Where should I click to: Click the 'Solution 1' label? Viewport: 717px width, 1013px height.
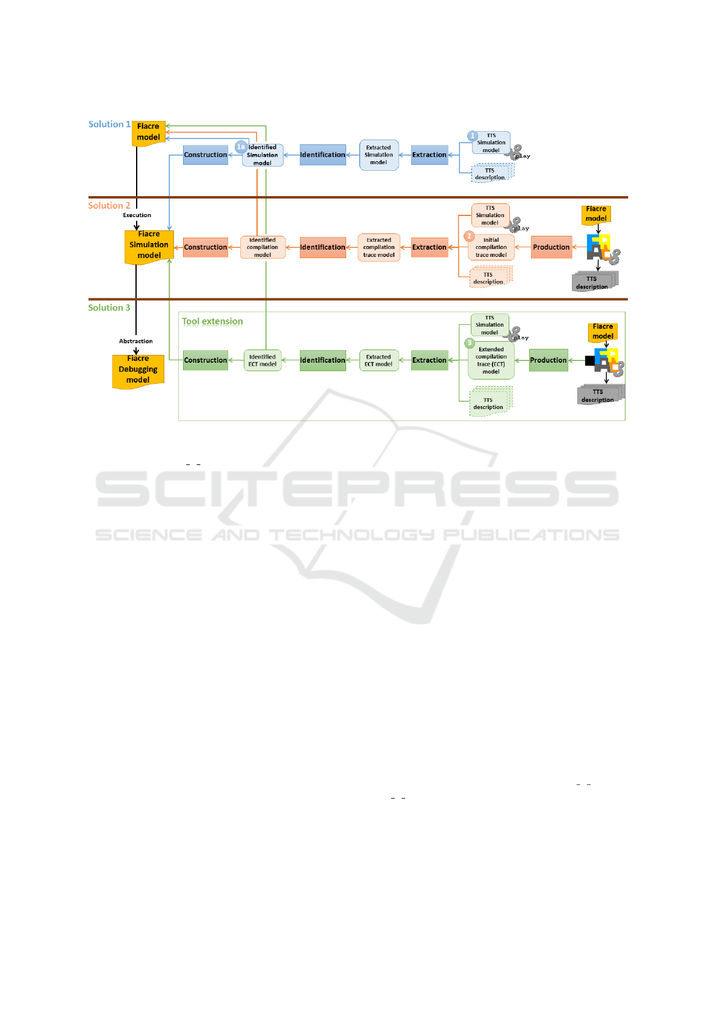[109, 125]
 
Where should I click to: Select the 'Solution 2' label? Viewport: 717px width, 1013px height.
[109, 206]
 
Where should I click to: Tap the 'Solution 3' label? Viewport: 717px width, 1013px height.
[109, 308]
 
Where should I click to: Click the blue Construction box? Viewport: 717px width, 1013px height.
[205, 155]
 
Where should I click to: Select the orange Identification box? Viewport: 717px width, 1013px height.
[323, 247]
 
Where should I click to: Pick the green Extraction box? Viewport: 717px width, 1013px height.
[429, 360]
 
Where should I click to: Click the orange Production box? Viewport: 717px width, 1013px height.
[551, 247]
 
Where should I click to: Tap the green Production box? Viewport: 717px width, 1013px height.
[548, 360]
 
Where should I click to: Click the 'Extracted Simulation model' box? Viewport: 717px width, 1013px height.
[379, 155]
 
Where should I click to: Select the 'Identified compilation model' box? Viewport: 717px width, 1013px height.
[262, 247]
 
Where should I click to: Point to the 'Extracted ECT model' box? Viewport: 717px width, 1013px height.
[378, 360]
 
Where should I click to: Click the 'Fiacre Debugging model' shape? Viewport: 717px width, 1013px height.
[138, 371]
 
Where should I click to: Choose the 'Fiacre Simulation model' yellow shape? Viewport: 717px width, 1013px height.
[149, 246]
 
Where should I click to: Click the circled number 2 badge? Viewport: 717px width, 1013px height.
[470, 236]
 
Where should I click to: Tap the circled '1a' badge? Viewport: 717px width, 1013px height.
[241, 147]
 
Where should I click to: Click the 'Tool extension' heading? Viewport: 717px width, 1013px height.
[213, 321]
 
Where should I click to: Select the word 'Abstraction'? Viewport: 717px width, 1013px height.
[136, 341]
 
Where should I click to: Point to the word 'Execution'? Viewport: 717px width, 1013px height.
[137, 215]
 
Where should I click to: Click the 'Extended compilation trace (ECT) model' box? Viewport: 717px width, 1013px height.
[491, 360]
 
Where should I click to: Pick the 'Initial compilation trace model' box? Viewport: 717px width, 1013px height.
[491, 247]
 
